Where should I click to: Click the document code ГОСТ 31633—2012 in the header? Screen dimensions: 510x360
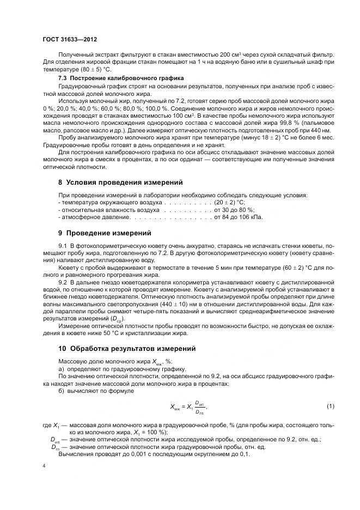point(70,40)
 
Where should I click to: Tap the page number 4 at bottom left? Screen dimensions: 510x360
point(44,466)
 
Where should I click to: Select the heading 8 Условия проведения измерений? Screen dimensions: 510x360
point(120,182)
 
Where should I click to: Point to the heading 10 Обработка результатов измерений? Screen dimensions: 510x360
point(126,348)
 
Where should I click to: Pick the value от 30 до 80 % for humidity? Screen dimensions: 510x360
point(235,210)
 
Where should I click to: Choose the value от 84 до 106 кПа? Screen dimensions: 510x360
point(239,217)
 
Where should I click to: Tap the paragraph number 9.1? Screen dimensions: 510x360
point(62,247)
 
